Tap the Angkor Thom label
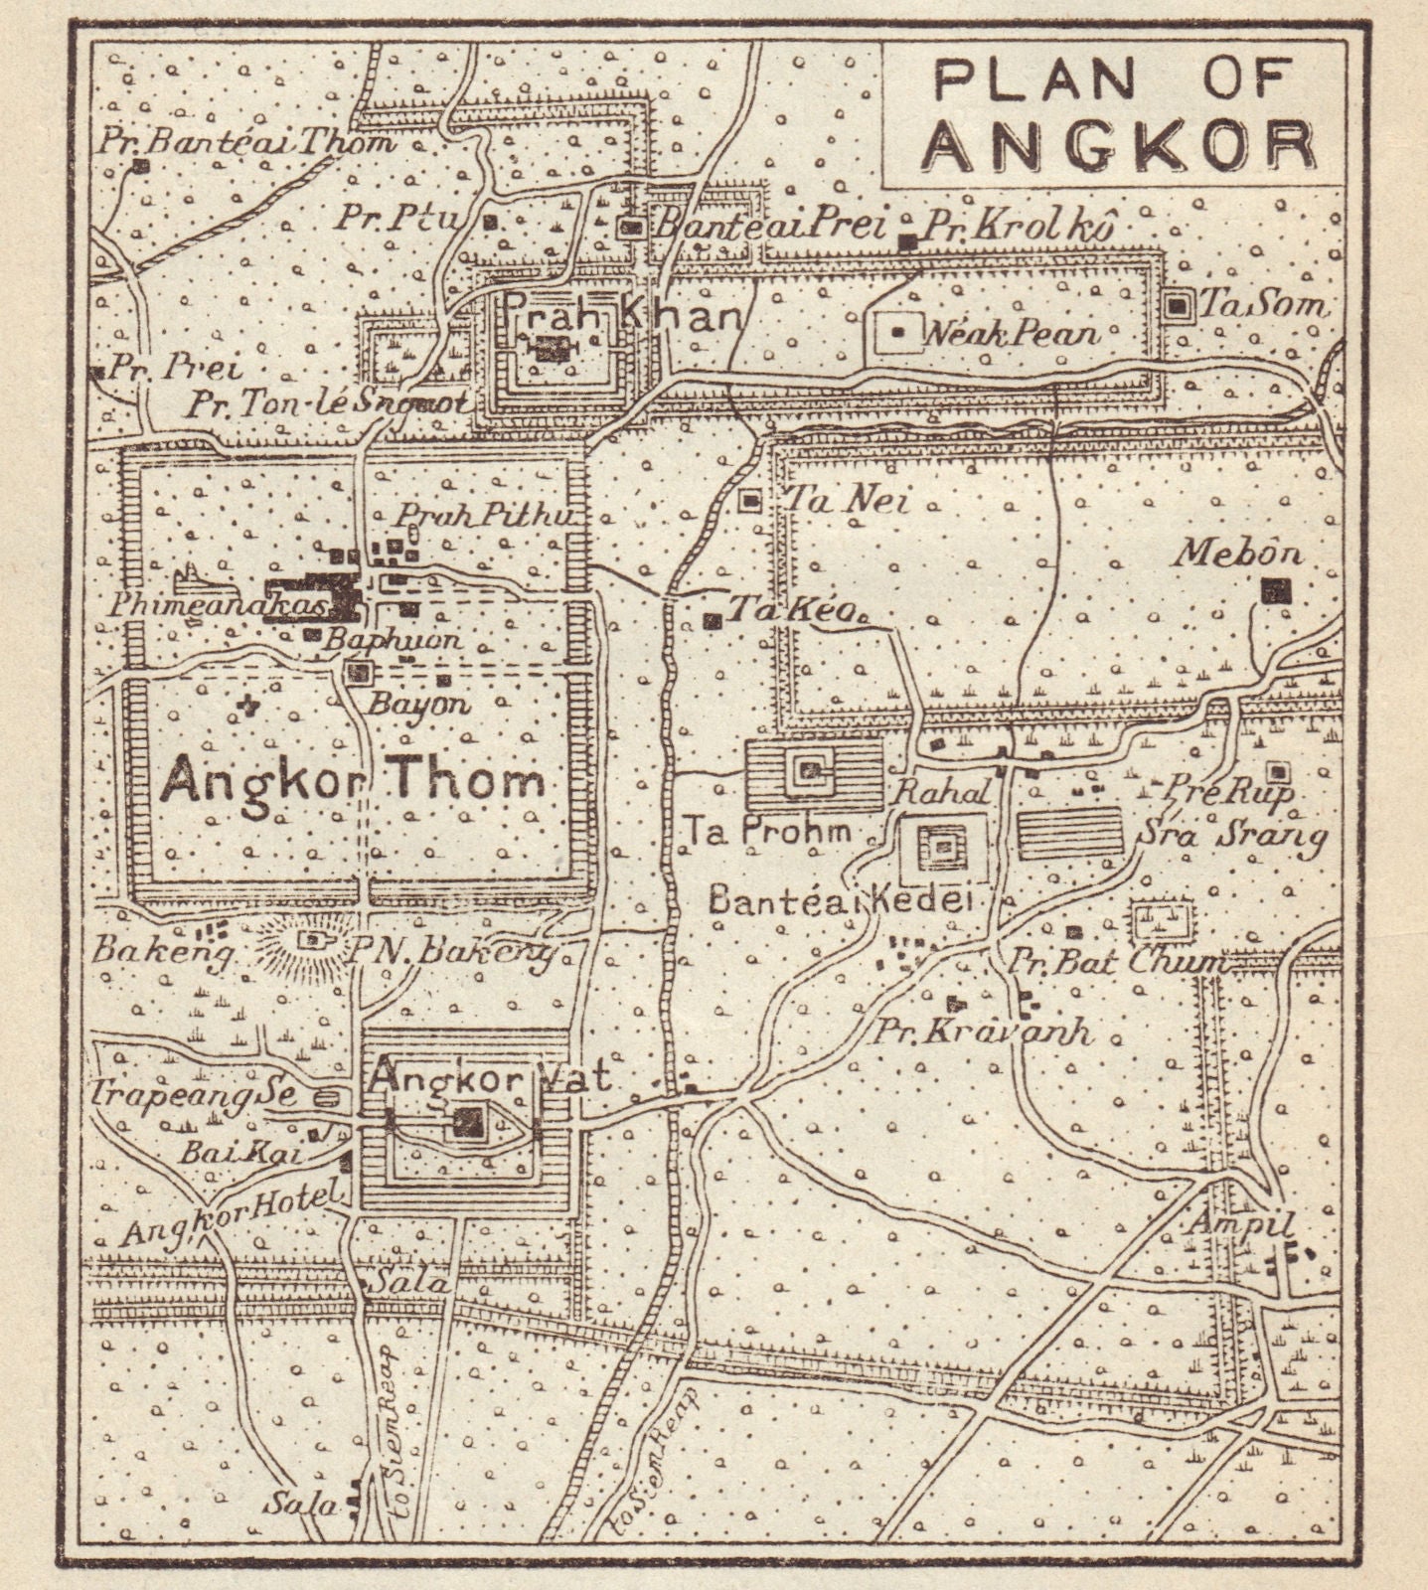click(353, 782)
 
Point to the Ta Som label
click(1262, 305)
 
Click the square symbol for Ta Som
click(1179, 307)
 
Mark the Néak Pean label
click(1011, 333)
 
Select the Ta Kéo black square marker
click(712, 621)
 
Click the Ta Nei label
click(846, 502)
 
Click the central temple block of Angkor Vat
click(466, 1122)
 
